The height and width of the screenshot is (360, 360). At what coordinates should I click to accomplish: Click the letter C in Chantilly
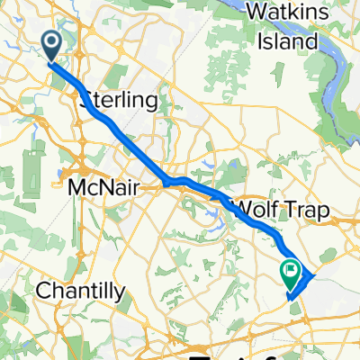40,291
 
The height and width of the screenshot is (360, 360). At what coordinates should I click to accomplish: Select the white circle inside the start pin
50,40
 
